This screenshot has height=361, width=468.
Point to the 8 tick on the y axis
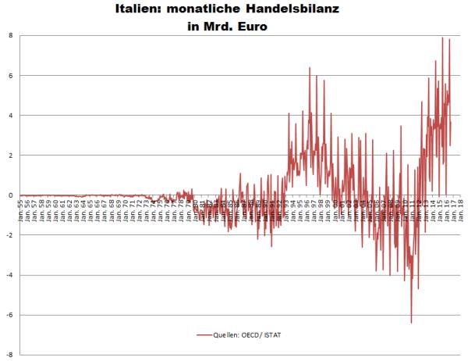[10, 35]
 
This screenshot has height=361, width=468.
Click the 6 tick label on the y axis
[10, 76]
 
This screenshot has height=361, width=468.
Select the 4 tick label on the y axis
[10, 116]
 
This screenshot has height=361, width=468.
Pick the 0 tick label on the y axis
[10, 195]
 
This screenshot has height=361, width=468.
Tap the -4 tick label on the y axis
[9, 275]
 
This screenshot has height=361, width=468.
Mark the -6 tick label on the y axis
[9, 315]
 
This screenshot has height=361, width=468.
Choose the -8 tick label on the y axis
[9, 355]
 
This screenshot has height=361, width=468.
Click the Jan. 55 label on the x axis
[21, 209]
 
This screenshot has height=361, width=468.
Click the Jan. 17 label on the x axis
[453, 209]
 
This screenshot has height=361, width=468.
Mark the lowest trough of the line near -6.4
[411, 322]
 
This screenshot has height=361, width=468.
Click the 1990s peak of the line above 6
[310, 68]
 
